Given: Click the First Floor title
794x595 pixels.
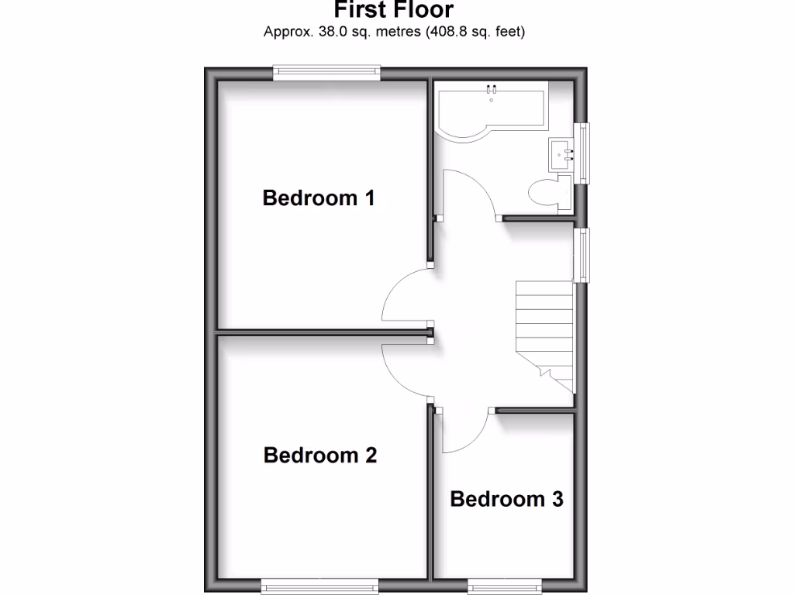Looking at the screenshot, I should click(x=394, y=10).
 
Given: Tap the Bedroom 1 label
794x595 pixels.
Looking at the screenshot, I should click(x=319, y=198).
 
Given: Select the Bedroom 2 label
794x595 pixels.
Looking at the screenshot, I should click(x=320, y=455).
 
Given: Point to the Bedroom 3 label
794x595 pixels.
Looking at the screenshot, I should click(x=506, y=499).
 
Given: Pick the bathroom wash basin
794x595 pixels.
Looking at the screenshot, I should click(x=561, y=154).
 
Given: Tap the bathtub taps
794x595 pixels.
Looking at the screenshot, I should click(x=491, y=91).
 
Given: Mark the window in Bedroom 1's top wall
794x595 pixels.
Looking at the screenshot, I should click(x=326, y=74).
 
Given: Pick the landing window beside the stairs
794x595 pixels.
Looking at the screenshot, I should click(x=582, y=254).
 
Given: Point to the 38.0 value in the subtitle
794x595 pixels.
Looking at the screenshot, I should click(x=324, y=33).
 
